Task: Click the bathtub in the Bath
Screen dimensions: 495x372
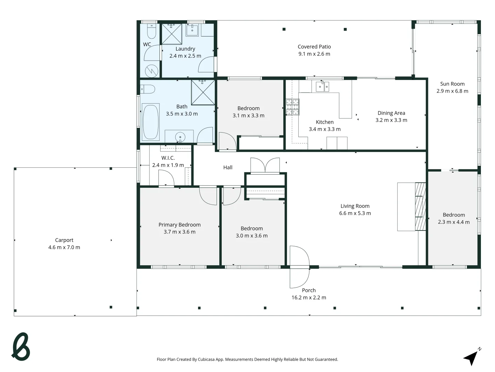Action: [x=151, y=122]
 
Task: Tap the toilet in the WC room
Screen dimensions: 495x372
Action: [x=152, y=31]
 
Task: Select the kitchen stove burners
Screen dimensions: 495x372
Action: [x=293, y=107]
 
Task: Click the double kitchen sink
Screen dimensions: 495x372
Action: [x=322, y=86]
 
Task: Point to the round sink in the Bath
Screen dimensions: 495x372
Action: [x=180, y=137]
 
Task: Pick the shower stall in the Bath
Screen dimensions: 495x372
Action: [x=203, y=92]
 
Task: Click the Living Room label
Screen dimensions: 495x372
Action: [x=355, y=206]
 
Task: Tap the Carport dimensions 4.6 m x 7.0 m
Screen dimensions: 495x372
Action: [x=64, y=247]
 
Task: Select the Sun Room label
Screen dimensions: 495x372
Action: [x=452, y=84]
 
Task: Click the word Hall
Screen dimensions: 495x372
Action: [x=228, y=167]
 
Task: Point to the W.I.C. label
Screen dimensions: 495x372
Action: [x=168, y=158]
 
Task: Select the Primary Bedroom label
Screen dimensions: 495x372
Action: [x=179, y=225]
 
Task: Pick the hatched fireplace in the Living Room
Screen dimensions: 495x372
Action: [x=420, y=206]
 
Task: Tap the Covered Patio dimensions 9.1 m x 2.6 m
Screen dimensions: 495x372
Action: [x=315, y=54]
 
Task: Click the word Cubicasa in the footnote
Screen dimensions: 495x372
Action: [x=206, y=359]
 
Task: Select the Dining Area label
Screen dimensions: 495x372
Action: [x=391, y=113]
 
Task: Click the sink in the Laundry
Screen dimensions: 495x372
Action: [x=192, y=30]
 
